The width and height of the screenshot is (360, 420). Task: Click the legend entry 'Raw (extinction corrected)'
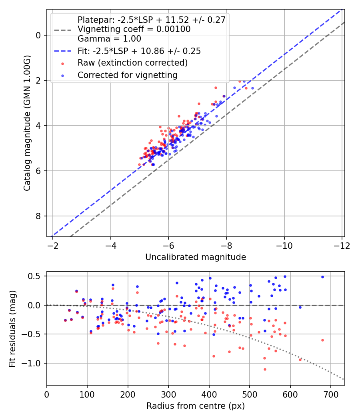(x=132, y=63)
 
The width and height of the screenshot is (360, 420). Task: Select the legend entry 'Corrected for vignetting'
(x=127, y=75)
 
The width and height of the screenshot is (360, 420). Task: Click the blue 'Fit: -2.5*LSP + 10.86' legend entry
(x=139, y=51)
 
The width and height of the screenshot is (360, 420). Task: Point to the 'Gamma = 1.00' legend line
(x=109, y=39)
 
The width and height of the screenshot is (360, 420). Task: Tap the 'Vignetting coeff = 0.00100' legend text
(x=134, y=29)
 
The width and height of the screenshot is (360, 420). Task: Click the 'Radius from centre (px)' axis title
(x=196, y=406)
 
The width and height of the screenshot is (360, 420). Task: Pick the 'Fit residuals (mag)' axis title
(x=12, y=328)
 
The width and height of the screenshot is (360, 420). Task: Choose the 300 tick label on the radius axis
(x=168, y=394)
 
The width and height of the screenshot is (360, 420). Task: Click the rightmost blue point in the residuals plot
(x=322, y=277)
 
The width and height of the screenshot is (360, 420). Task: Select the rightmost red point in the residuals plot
(x=322, y=340)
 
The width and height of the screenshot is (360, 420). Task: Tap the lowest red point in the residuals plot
(x=265, y=369)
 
